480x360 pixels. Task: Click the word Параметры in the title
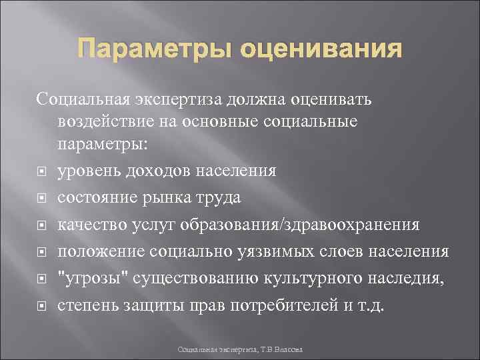145,51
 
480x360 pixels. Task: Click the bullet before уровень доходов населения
42,171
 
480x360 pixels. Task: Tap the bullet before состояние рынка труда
42,198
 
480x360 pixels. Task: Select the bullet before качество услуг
42,225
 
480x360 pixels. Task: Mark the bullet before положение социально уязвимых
42,251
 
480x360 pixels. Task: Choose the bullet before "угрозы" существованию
42,278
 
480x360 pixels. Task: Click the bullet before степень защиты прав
42,305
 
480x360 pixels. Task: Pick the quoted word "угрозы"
93,277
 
